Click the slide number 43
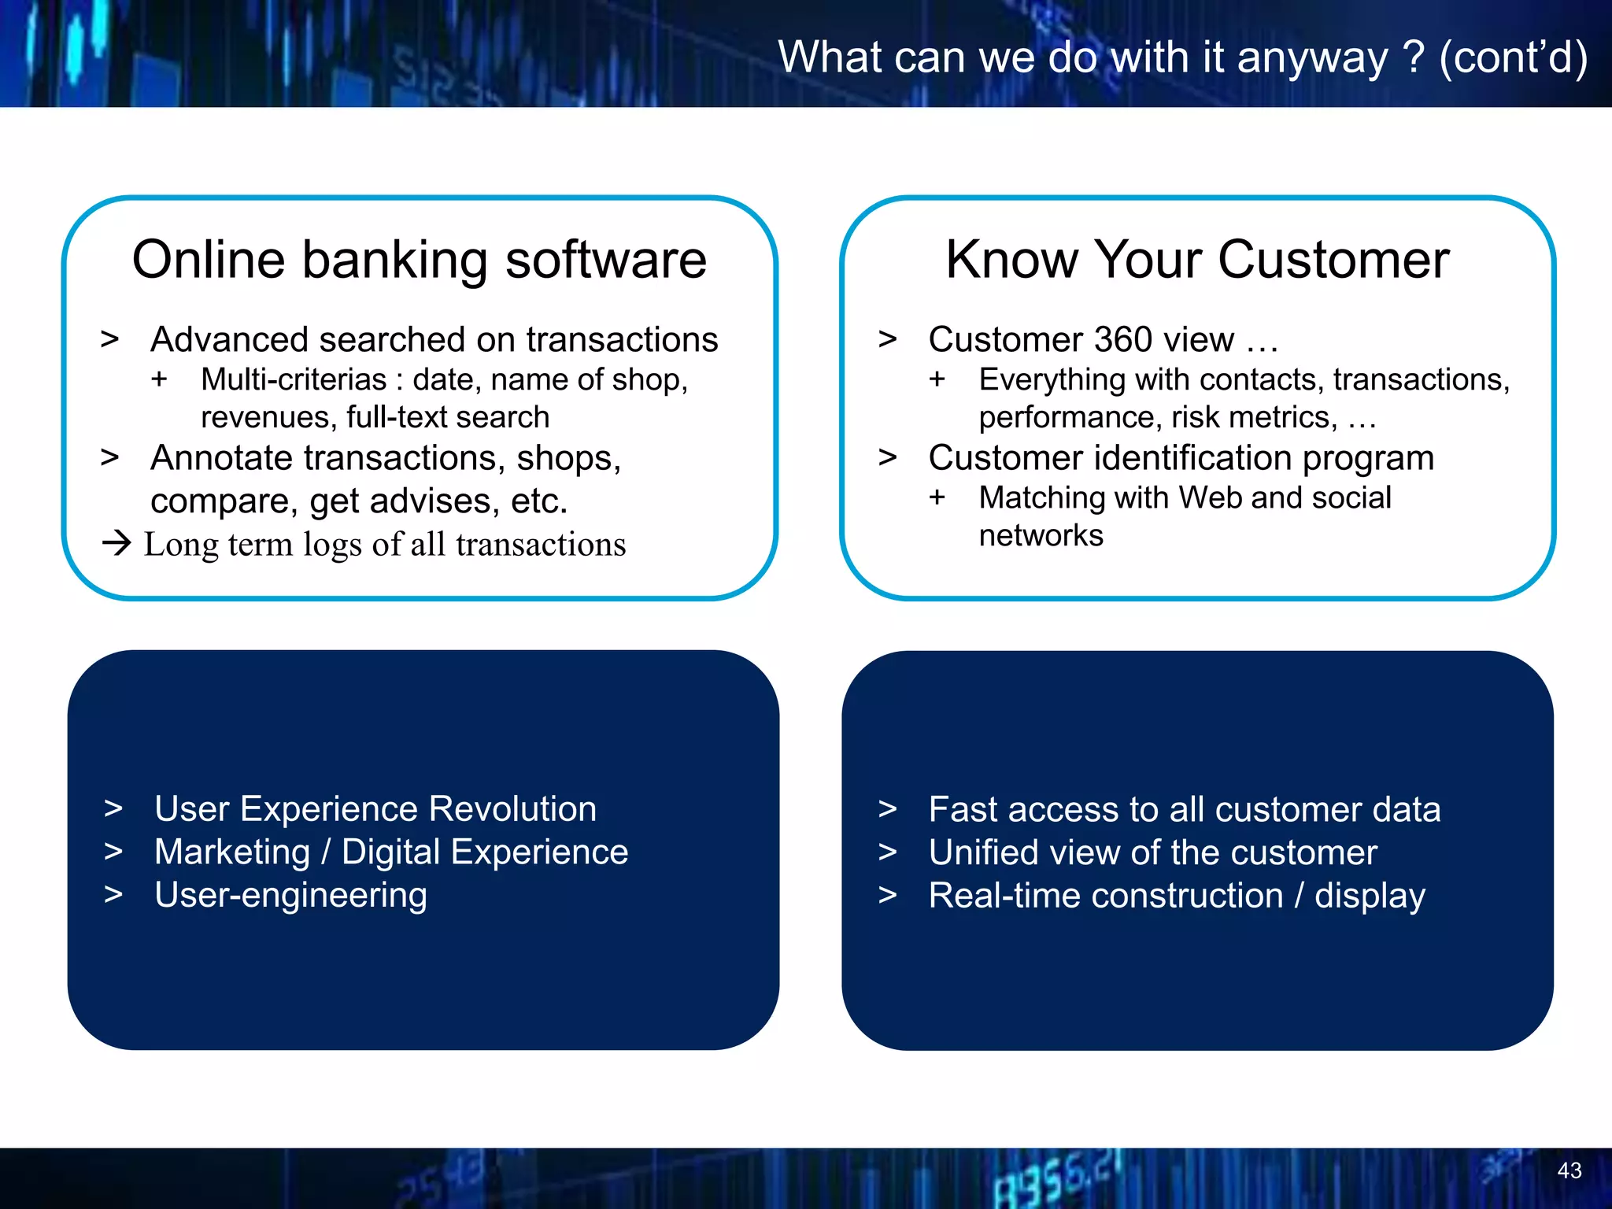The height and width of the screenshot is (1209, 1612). (1569, 1170)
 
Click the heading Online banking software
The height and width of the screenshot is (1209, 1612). (420, 260)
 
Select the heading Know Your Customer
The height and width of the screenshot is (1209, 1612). (1197, 260)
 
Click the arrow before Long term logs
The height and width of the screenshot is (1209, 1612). (116, 543)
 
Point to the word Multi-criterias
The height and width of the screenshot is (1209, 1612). (294, 380)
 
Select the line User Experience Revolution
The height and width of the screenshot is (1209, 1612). (375, 809)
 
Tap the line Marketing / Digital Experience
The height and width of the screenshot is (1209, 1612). (391, 852)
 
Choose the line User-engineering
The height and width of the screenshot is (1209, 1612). (290, 896)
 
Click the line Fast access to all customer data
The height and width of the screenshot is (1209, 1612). (1184, 810)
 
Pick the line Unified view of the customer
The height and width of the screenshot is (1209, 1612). (1152, 853)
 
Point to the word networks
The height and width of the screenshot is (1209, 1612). (1041, 536)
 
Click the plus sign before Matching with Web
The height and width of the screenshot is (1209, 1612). (937, 497)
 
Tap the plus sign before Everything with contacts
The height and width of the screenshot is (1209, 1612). (937, 379)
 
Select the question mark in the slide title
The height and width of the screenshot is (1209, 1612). (1413, 57)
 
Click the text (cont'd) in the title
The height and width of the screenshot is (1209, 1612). (1513, 58)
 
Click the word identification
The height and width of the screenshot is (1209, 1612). (1192, 458)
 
